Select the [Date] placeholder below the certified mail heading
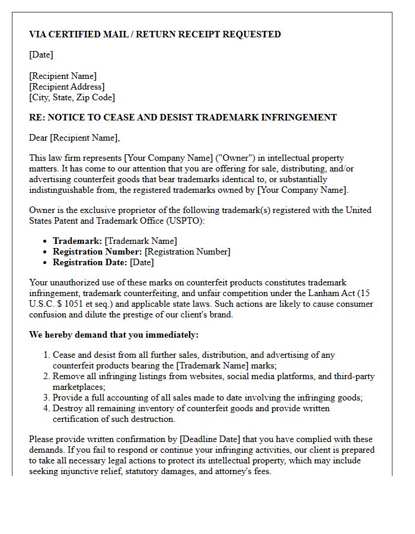(x=41, y=55)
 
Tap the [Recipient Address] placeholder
(x=66, y=87)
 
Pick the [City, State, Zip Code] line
(x=72, y=97)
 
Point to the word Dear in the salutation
(x=39, y=138)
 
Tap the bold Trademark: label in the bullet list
(x=77, y=241)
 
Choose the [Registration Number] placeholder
(x=187, y=252)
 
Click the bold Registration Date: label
(x=90, y=262)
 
